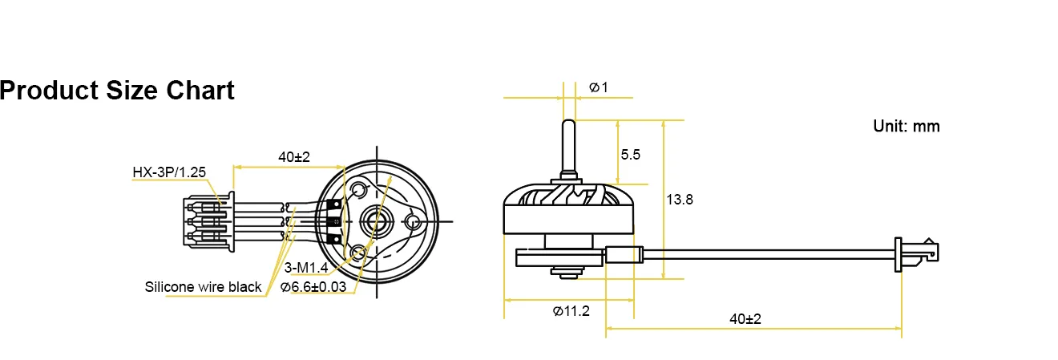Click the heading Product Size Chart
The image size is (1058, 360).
point(117,91)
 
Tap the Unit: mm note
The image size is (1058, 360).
point(906,126)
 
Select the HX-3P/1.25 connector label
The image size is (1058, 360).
point(169,172)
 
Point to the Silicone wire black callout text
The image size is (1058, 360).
point(203,286)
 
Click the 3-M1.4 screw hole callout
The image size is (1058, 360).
point(305,266)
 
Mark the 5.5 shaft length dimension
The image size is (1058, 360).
point(631,155)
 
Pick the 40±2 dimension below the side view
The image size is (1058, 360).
point(745,318)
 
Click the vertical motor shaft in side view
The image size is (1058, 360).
point(568,148)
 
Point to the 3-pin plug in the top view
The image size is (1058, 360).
point(207,219)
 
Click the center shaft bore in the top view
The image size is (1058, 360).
point(374,218)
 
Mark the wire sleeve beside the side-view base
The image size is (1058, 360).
point(624,256)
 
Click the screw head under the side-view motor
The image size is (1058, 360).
point(568,275)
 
